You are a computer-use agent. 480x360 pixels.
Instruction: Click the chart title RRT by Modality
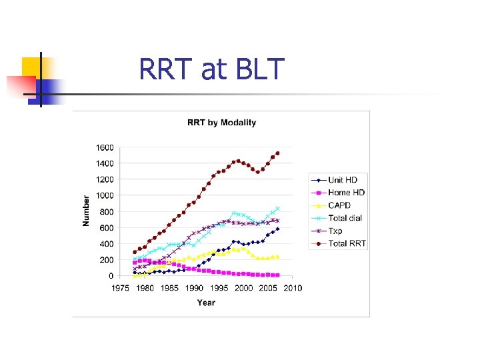[221, 123]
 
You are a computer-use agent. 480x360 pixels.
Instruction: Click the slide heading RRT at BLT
[211, 69]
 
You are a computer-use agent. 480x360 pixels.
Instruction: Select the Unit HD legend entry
[342, 181]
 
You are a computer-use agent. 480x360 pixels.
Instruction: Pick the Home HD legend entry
[346, 193]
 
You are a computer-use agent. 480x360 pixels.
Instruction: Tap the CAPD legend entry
[339, 206]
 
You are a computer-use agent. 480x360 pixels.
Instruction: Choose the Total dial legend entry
[345, 219]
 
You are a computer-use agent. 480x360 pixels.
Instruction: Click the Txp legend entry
[335, 231]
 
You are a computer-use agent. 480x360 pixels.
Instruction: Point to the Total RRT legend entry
[346, 244]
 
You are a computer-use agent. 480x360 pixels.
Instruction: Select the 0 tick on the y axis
[111, 276]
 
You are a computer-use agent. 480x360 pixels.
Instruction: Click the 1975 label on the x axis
[119, 288]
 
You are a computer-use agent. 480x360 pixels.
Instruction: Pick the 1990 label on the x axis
[194, 288]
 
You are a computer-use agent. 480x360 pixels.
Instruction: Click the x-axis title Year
[206, 303]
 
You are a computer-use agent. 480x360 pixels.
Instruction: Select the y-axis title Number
[86, 210]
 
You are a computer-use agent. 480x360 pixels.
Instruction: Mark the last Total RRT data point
[277, 153]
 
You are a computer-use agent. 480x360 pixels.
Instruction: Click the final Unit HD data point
[277, 229]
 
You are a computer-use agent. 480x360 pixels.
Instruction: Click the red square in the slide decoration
[21, 85]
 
